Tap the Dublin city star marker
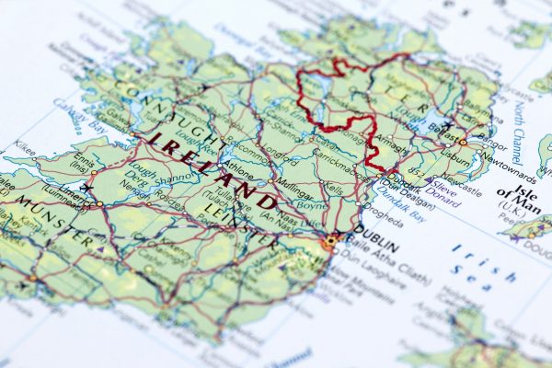pos(332,240)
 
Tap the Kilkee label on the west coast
pos(25,145)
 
